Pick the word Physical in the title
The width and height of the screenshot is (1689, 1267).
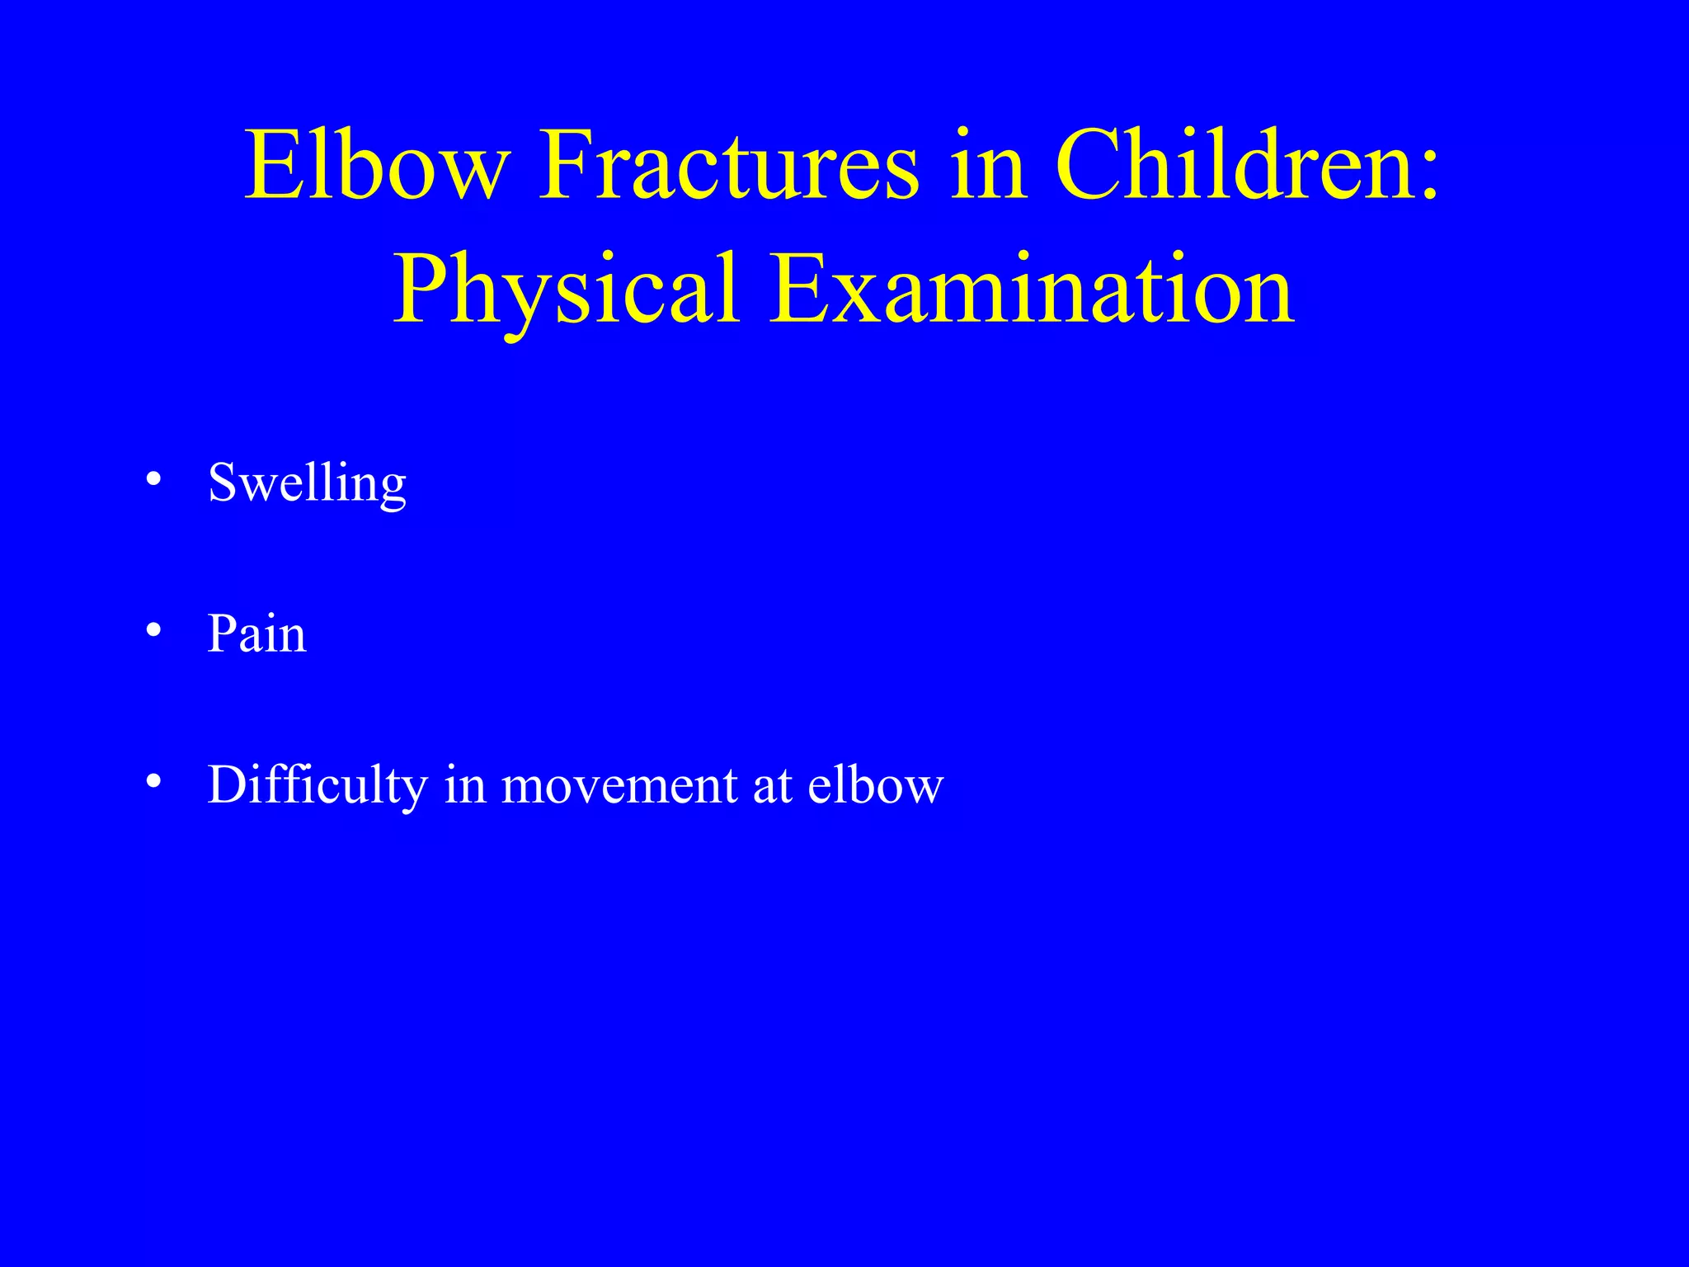(565, 290)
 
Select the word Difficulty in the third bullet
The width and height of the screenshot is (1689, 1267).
(317, 784)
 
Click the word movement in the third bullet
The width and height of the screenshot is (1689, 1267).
(619, 784)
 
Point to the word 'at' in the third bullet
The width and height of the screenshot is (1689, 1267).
(773, 784)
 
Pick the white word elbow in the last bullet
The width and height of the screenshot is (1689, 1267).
(875, 784)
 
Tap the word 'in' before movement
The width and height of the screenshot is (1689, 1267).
(464, 784)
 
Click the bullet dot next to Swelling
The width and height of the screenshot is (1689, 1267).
(153, 479)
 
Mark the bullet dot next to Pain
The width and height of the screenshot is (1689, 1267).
(153, 631)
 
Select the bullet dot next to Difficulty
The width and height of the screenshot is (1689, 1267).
(153, 781)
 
